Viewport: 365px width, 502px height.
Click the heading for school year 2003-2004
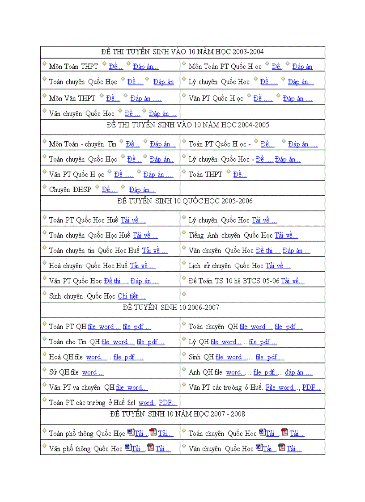[182, 52]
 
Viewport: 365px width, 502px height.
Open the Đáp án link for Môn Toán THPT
[146, 67]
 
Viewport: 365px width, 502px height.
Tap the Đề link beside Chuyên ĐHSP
[110, 190]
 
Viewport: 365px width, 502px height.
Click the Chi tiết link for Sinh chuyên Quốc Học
[132, 296]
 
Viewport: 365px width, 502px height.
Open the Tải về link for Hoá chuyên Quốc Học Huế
[143, 266]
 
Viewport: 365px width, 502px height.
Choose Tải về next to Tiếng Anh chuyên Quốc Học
[286, 236]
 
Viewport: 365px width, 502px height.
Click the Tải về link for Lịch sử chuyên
[278, 266]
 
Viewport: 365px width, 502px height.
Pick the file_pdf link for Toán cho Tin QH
[150, 342]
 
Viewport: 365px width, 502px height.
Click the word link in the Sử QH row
[93, 372]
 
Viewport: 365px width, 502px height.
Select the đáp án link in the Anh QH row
[298, 372]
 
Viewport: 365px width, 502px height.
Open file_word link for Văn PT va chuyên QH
[132, 388]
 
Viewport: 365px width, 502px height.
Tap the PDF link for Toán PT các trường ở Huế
[168, 403]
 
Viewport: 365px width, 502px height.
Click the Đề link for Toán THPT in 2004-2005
[240, 175]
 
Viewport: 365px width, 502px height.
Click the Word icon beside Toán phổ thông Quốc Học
[131, 432]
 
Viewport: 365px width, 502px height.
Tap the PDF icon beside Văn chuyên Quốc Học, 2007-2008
[281, 447]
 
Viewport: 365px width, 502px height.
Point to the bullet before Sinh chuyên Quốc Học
[44, 294]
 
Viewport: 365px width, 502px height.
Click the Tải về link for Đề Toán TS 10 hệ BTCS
[293, 281]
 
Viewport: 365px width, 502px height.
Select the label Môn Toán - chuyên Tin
[82, 144]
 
